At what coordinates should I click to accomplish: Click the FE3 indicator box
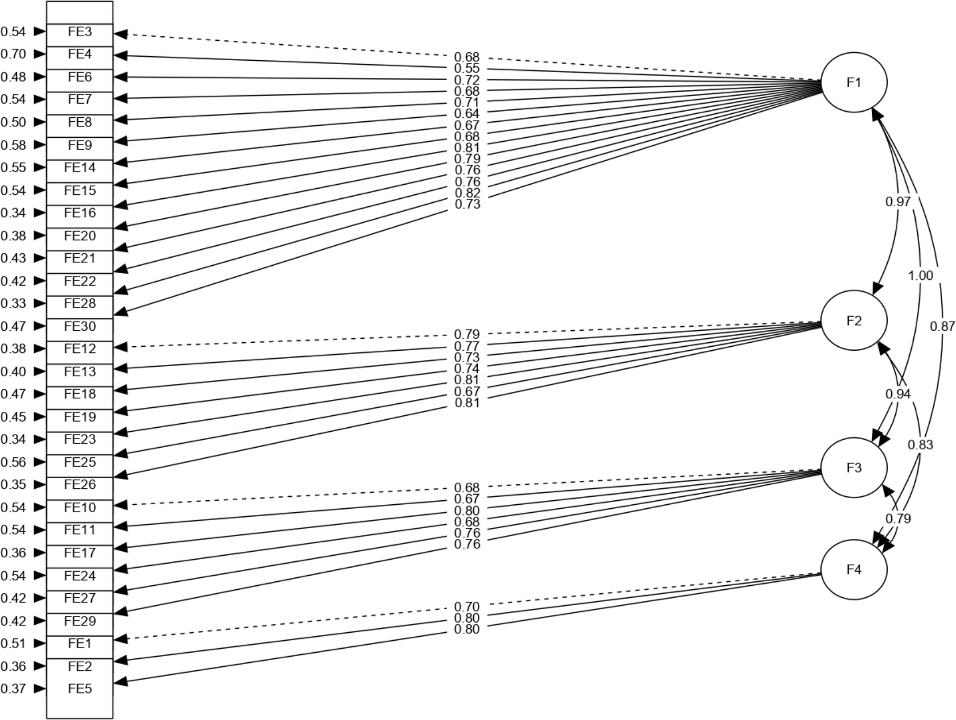tap(80, 32)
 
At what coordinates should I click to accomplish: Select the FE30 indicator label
tap(80, 327)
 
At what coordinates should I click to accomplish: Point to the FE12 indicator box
tap(80, 349)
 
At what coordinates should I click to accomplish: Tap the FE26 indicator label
tap(80, 485)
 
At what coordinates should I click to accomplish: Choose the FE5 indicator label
tap(80, 688)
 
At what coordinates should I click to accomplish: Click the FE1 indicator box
tap(80, 644)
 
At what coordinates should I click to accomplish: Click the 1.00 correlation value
tap(920, 276)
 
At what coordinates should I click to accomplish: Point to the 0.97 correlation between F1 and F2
tap(898, 202)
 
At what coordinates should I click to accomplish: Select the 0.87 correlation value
tap(942, 327)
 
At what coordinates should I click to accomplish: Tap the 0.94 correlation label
tap(898, 394)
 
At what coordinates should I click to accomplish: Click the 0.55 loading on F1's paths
tap(467, 69)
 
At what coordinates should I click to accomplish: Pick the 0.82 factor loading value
tap(467, 193)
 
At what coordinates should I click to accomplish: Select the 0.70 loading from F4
tap(467, 607)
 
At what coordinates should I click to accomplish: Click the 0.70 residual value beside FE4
tap(13, 54)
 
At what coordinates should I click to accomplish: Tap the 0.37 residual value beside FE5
tap(13, 688)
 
